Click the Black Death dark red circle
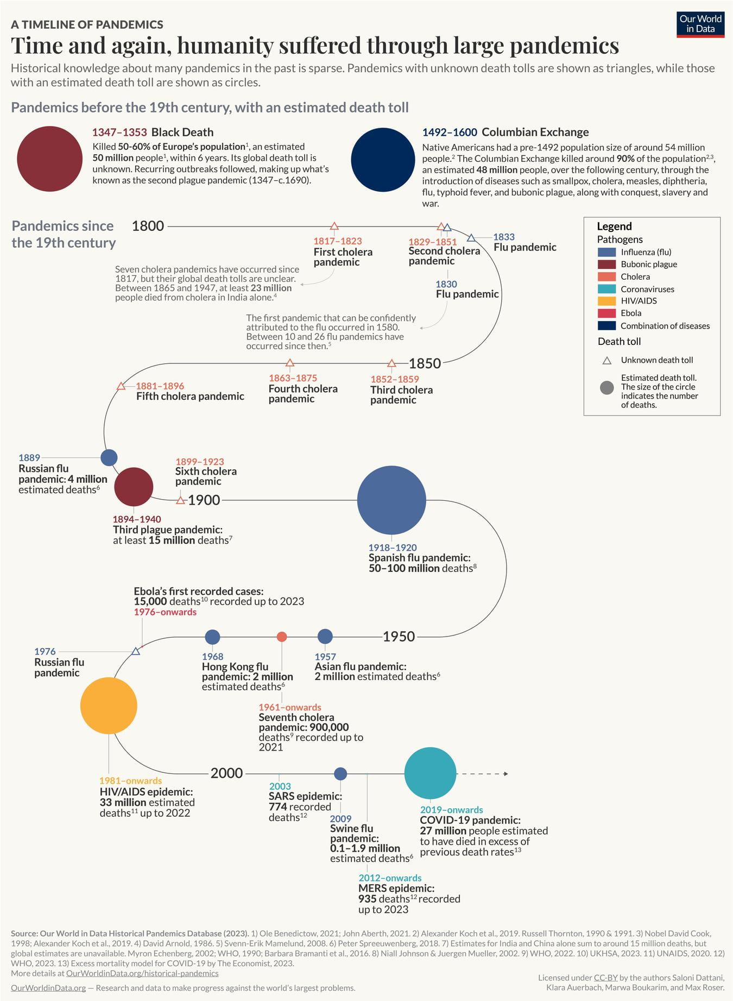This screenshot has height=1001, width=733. pos(49,159)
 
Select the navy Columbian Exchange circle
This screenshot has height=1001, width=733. pos(383,160)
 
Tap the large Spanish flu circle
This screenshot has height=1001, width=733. pos(391,500)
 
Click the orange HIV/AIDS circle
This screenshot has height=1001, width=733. pos(109,706)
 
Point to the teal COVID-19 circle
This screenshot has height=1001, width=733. pos(430,773)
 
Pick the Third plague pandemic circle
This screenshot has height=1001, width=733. pos(134,487)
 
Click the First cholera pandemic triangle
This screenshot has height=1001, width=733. pos(334,226)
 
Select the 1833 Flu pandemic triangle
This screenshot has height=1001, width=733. pos(471,238)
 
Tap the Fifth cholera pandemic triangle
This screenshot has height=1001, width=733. pos(121,386)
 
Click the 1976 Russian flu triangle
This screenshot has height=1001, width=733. pos(136,651)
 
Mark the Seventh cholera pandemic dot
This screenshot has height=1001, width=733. pos(281,637)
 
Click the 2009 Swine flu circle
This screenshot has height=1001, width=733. pos(340,773)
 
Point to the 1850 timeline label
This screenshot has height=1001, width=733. pos(425,363)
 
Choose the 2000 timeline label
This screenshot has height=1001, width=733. pos(226,773)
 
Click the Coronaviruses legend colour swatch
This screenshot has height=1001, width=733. pos(606,289)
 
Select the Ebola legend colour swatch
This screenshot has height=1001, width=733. pos(606,313)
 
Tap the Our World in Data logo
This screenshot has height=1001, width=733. pos(700,24)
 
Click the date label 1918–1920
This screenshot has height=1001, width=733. pos(393,547)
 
